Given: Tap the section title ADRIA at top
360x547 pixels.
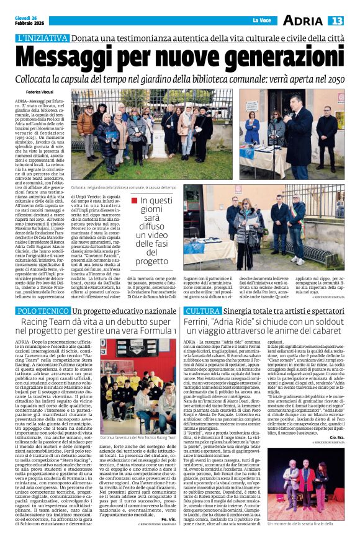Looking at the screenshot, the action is (302, 21).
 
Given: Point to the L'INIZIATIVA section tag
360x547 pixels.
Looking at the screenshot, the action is (43, 38).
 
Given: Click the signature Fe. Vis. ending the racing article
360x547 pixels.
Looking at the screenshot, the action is (168, 518).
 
